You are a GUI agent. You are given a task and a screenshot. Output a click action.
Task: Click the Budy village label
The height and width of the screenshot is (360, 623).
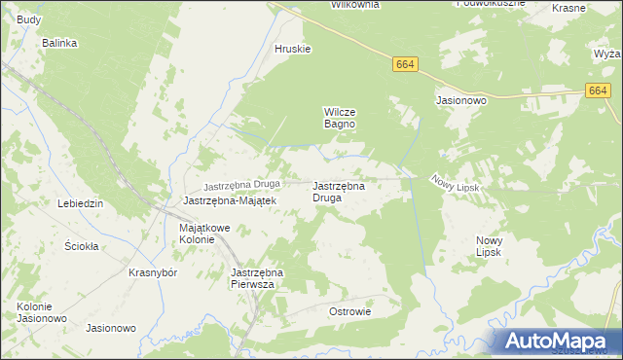click(29, 19)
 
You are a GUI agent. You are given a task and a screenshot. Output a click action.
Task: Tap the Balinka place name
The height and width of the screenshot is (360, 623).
click(58, 43)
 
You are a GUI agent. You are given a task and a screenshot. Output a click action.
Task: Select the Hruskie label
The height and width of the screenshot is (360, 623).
click(292, 50)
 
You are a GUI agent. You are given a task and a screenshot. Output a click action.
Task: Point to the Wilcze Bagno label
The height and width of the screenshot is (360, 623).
click(340, 118)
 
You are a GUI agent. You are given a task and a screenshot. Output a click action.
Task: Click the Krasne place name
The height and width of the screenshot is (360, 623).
click(568, 7)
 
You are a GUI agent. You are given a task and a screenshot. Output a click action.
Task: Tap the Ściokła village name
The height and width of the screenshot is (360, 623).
click(82, 246)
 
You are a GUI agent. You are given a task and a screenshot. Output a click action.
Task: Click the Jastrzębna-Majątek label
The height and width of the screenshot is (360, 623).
click(231, 200)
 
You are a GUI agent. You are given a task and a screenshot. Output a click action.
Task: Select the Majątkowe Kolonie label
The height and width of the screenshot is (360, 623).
click(203, 234)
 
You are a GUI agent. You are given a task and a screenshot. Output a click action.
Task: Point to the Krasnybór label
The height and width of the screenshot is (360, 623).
click(152, 272)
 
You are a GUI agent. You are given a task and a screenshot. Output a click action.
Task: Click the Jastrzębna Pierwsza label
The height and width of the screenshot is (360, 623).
click(255, 279)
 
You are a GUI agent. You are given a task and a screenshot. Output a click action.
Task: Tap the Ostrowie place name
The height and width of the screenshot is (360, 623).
click(350, 311)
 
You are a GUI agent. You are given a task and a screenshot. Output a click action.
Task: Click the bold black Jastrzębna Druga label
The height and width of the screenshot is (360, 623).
click(339, 191)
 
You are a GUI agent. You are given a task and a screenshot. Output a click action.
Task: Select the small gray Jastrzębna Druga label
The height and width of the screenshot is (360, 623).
click(241, 185)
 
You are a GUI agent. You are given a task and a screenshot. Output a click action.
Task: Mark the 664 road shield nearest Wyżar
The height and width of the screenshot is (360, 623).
click(599, 90)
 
